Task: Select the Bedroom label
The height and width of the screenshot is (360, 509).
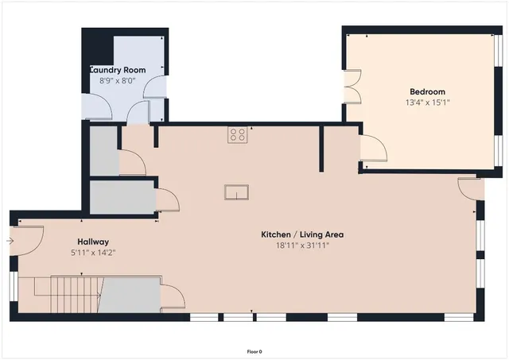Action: tap(427, 91)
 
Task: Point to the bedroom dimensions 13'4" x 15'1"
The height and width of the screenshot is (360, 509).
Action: tap(427, 103)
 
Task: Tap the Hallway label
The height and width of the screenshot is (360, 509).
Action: tap(93, 242)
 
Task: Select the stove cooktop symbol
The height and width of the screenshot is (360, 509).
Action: tap(237, 134)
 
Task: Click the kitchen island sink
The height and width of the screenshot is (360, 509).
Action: tap(237, 192)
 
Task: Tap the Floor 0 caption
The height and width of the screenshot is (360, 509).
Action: tap(254, 351)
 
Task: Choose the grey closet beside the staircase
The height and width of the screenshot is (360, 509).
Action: tap(130, 293)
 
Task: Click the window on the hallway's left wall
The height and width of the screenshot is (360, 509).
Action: tap(12, 288)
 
